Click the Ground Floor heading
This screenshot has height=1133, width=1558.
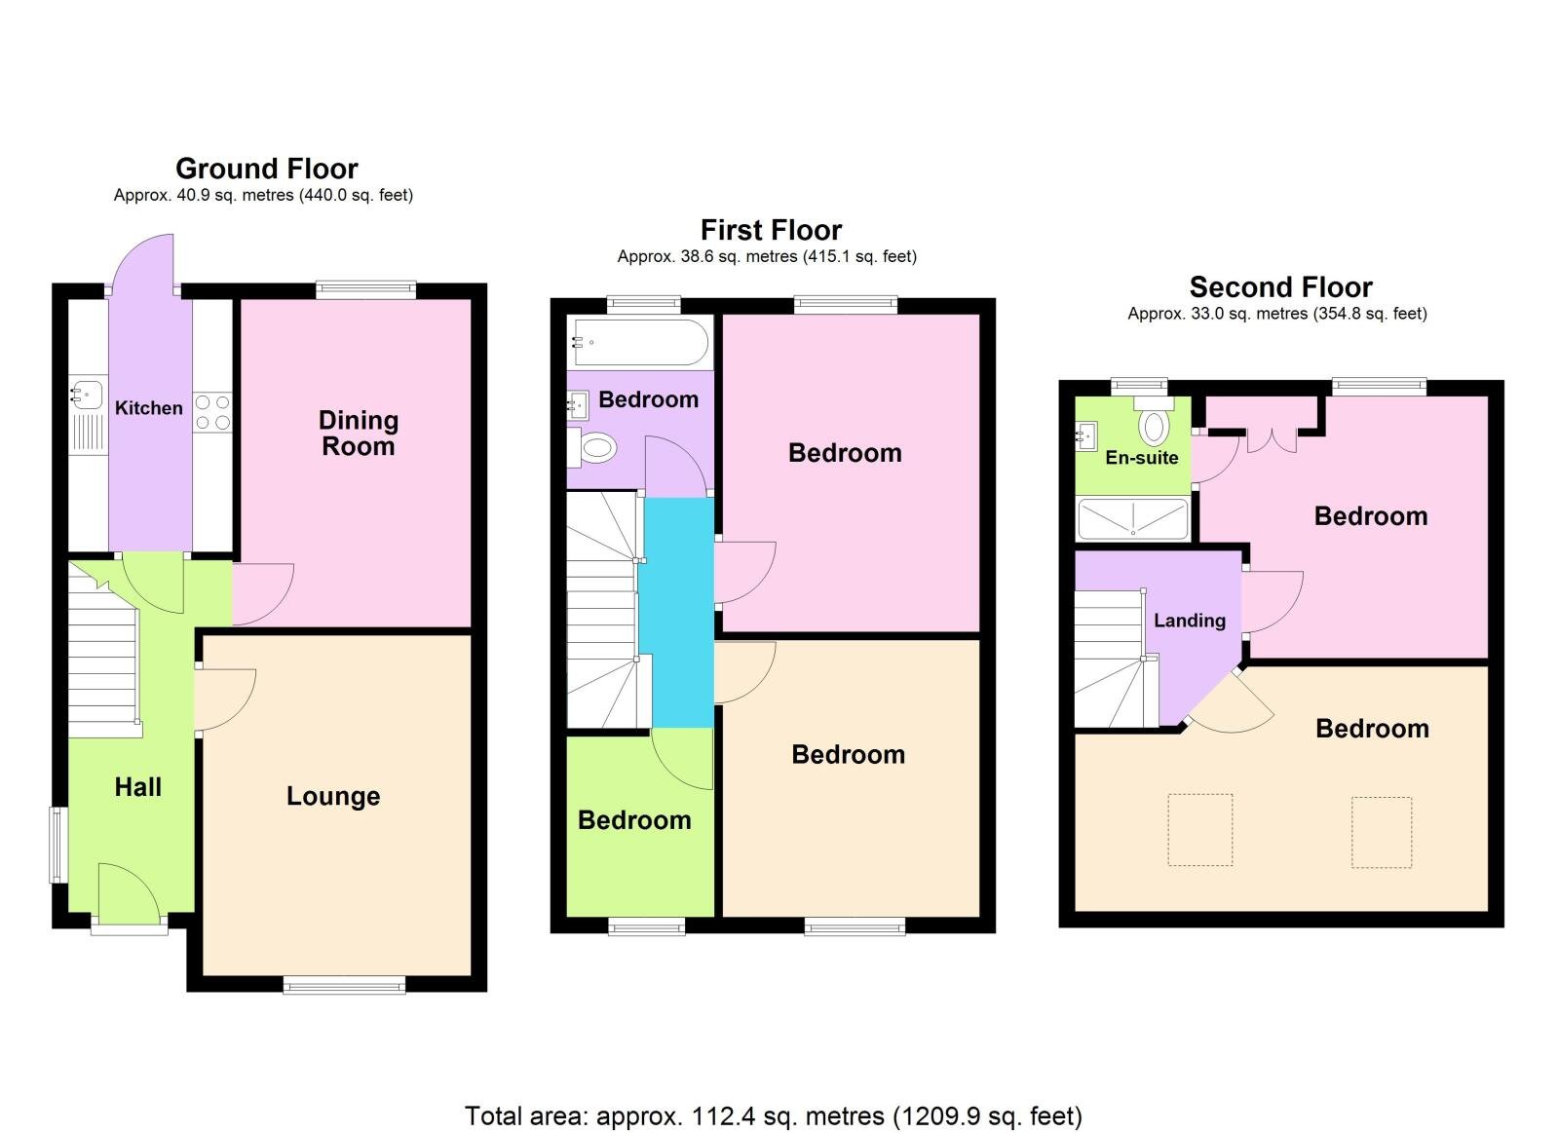(266, 169)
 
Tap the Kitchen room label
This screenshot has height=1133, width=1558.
(148, 408)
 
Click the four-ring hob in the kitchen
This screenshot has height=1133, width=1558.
(212, 412)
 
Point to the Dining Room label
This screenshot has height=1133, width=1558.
(358, 434)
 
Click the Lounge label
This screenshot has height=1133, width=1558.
(333, 796)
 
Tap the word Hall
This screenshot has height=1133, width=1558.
(137, 787)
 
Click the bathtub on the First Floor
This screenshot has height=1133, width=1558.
(640, 342)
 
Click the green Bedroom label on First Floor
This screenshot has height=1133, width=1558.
(634, 820)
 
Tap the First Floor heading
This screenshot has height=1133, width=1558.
(771, 230)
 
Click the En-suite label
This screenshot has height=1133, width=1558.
(1141, 458)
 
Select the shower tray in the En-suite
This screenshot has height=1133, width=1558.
(1132, 518)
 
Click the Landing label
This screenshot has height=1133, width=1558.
(1189, 621)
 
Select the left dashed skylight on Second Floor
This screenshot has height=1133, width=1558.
(1199, 830)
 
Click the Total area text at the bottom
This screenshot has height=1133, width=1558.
(773, 1115)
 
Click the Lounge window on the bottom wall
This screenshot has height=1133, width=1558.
(344, 986)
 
